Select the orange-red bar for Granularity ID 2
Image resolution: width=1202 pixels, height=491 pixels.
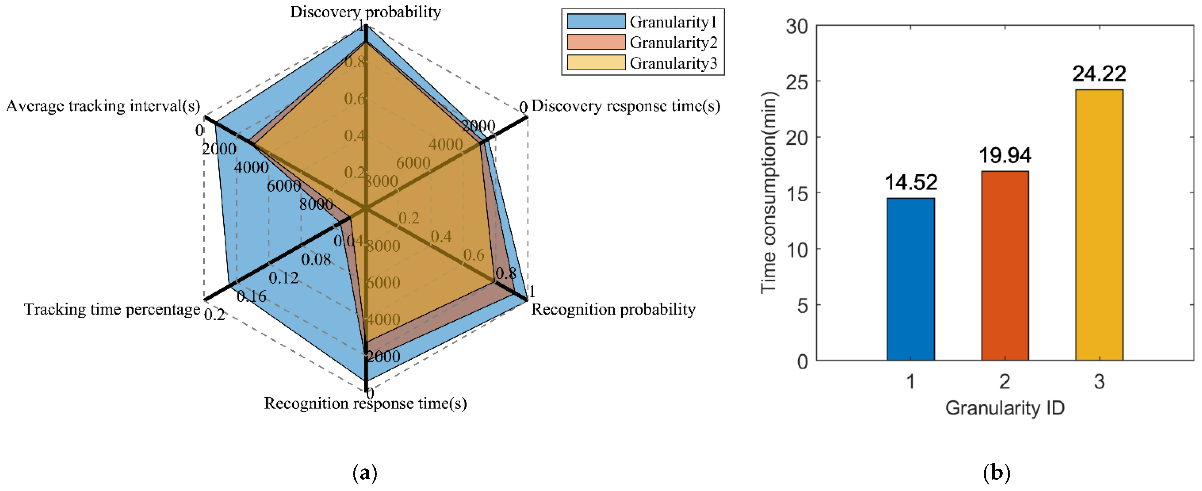1005,266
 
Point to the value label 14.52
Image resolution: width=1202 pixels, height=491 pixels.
911,182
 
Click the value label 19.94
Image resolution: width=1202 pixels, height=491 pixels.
1005,155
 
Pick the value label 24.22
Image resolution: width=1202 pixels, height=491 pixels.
1099,74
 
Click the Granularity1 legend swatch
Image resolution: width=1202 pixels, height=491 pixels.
596,21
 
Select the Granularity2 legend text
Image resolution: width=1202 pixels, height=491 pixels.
673,42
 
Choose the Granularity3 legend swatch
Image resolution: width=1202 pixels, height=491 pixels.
596,63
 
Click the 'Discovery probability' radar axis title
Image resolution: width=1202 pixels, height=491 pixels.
365,12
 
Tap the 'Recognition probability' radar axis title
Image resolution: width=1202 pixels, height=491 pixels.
613,309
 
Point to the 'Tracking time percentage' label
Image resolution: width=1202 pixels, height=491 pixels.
112,309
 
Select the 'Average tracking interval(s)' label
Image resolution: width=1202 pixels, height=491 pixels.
103,106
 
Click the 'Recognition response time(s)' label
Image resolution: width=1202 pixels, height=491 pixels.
365,403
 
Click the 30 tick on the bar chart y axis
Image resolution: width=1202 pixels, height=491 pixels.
797,27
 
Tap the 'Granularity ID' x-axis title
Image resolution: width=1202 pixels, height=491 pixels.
1005,408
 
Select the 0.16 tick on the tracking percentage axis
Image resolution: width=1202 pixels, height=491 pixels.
252,296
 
